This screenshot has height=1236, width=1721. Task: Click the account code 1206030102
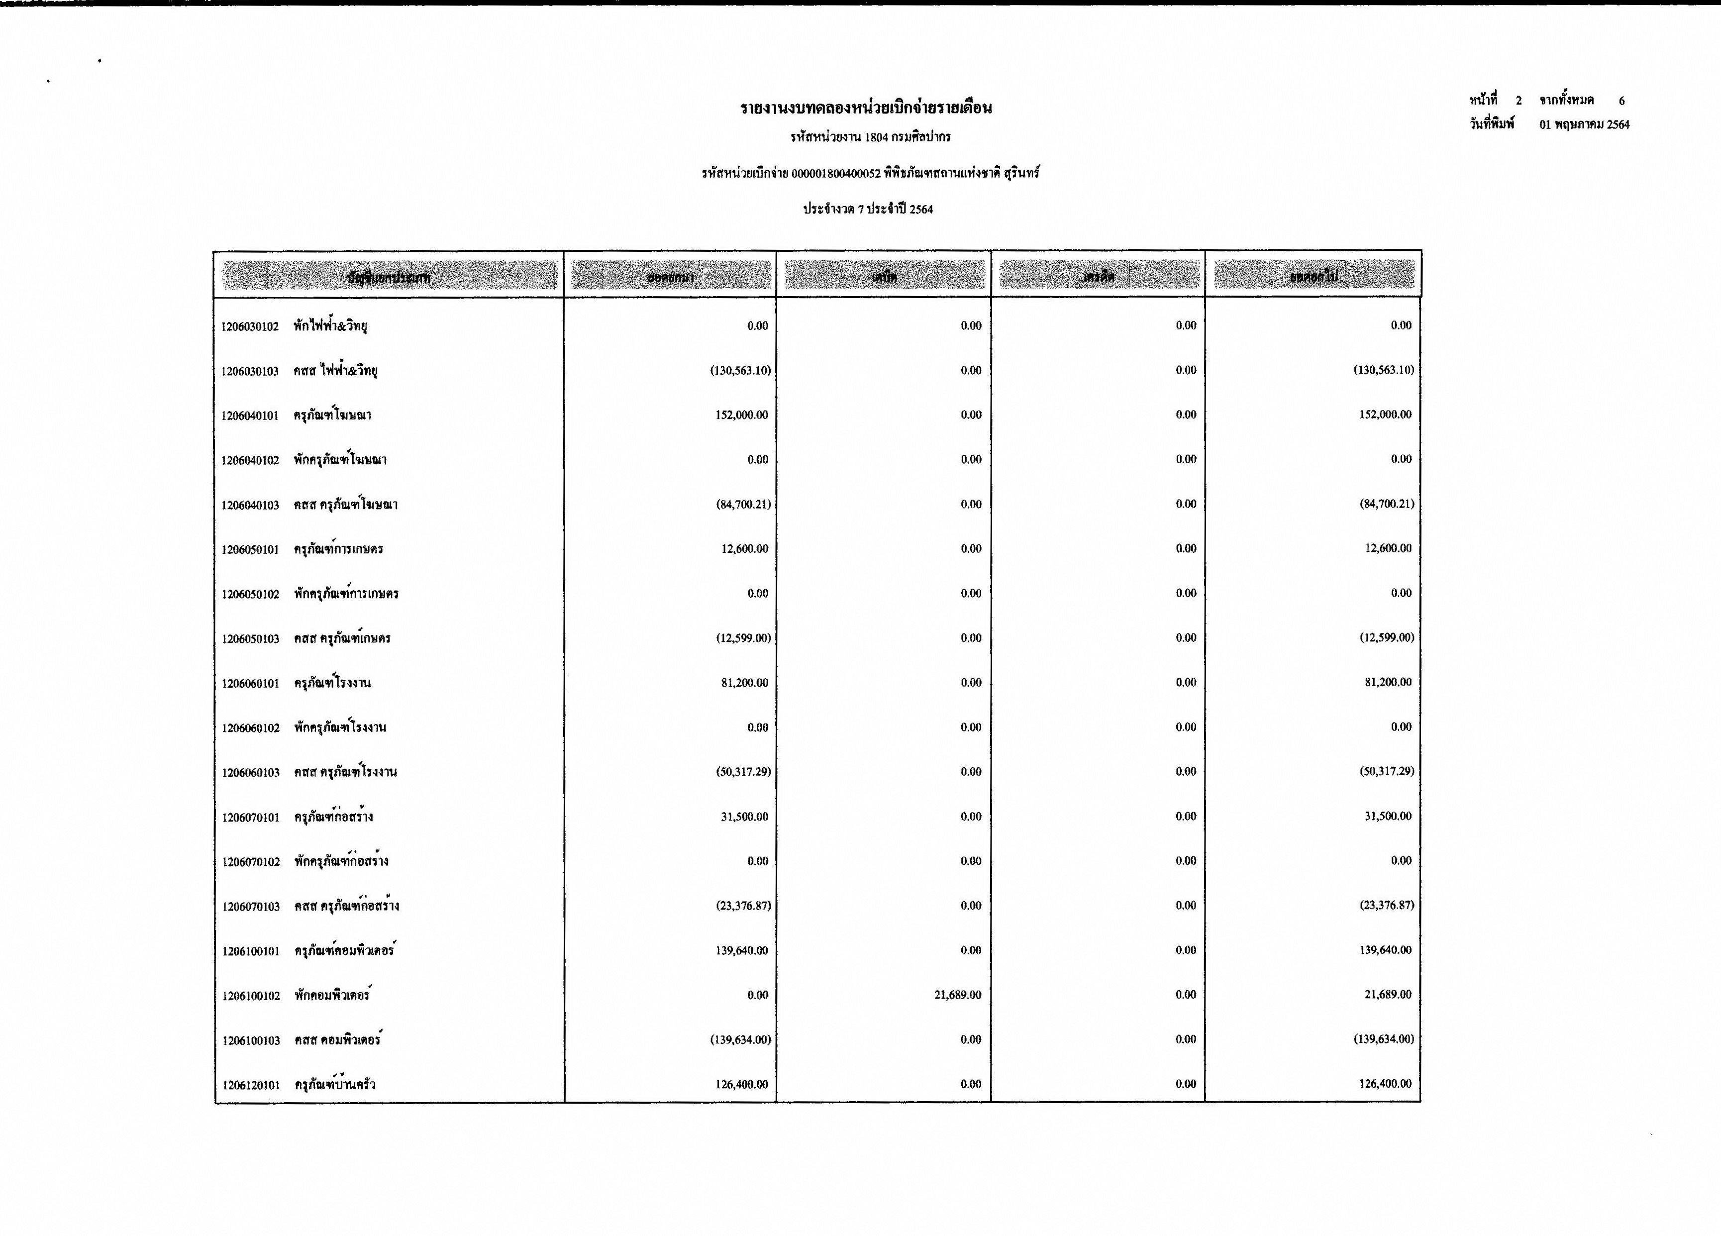250,327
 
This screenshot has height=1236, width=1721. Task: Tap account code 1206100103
250,1040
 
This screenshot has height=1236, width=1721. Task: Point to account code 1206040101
250,416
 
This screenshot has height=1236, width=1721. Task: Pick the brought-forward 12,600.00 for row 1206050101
744,548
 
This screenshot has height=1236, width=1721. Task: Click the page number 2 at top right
1519,100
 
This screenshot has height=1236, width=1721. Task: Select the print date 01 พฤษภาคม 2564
1584,124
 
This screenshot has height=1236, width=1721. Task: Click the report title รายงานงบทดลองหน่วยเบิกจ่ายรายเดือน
866,108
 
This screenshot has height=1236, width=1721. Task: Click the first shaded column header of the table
389,276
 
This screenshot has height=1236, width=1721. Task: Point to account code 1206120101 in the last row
250,1085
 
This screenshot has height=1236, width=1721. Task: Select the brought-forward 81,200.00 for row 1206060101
744,683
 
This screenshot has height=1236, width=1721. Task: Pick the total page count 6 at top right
1621,100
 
